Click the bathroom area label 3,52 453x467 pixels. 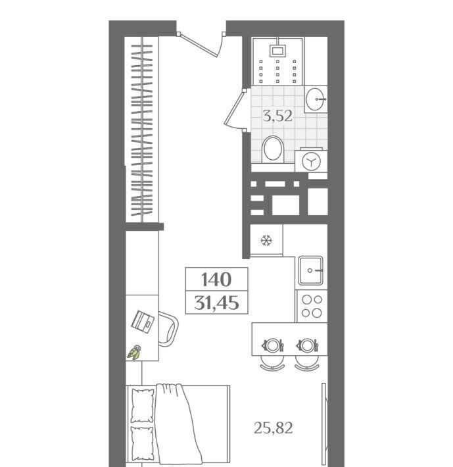[277, 116]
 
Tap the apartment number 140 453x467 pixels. [216, 280]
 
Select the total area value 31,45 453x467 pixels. [216, 303]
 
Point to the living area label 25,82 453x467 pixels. [274, 428]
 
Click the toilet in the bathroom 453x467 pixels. [273, 149]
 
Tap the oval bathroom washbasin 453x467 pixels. [316, 99]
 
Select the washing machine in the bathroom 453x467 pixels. [311, 161]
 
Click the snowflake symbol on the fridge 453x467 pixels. [266, 240]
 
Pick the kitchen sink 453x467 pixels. [311, 270]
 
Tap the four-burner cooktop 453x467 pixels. [312, 306]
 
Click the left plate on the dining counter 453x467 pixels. [272, 345]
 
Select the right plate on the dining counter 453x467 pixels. [307, 345]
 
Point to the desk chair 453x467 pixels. [168, 329]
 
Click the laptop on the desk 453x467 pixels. [143, 322]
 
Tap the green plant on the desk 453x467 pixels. [134, 353]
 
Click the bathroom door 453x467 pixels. [234, 109]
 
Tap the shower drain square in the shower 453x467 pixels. [277, 51]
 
